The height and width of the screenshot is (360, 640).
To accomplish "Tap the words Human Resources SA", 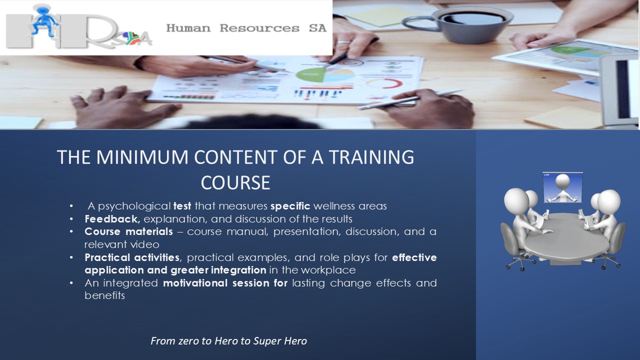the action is pyautogui.click(x=246, y=28).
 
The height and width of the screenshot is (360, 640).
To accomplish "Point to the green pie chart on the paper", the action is pyautogui.click(x=310, y=74).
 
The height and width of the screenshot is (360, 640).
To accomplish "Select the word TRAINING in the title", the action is pyautogui.click(x=371, y=157).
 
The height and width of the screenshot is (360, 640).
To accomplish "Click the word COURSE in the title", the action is pyautogui.click(x=235, y=183).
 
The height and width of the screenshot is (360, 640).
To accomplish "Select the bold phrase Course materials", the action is pyautogui.click(x=128, y=231).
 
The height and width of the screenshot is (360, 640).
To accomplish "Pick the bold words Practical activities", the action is pyautogui.click(x=132, y=257).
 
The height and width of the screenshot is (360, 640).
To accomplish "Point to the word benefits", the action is pyautogui.click(x=105, y=295).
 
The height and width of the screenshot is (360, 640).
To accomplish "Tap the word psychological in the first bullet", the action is pyautogui.click(x=134, y=206).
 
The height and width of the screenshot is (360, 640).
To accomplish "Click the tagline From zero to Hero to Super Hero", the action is pyautogui.click(x=228, y=341).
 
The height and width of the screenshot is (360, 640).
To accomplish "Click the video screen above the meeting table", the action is pyautogui.click(x=562, y=187).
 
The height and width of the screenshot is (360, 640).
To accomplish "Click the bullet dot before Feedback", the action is pyautogui.click(x=71, y=219).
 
